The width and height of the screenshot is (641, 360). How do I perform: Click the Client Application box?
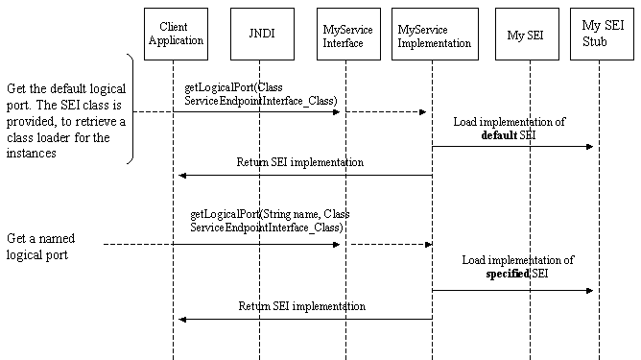[x=176, y=34]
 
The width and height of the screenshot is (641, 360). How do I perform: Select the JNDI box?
[x=262, y=34]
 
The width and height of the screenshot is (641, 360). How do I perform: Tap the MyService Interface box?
[x=348, y=34]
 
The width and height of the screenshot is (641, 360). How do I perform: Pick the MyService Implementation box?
[x=435, y=34]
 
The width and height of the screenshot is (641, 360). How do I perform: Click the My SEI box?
[x=527, y=34]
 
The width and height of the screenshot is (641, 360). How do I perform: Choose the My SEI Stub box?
[x=602, y=34]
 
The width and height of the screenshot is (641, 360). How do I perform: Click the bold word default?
[x=499, y=135]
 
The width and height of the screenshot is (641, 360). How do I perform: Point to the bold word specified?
[x=508, y=274]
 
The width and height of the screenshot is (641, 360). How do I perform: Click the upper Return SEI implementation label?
[x=300, y=162]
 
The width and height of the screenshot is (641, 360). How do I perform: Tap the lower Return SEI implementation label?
[x=301, y=306]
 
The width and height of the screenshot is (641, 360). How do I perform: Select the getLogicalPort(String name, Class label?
[x=270, y=214]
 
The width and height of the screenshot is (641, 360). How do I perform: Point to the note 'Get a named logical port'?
[x=40, y=247]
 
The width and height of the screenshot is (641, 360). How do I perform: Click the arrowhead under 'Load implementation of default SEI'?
[x=589, y=147]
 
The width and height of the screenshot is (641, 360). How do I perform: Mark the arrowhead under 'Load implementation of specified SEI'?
[x=589, y=291]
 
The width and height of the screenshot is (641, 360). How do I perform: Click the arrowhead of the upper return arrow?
[x=182, y=176]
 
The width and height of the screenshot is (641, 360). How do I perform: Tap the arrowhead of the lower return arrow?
[x=182, y=319]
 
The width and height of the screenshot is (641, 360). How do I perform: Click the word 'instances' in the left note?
[x=31, y=153]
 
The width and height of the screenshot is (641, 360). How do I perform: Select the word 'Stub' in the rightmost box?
[x=594, y=41]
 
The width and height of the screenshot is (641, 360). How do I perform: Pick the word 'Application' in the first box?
[x=176, y=40]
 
